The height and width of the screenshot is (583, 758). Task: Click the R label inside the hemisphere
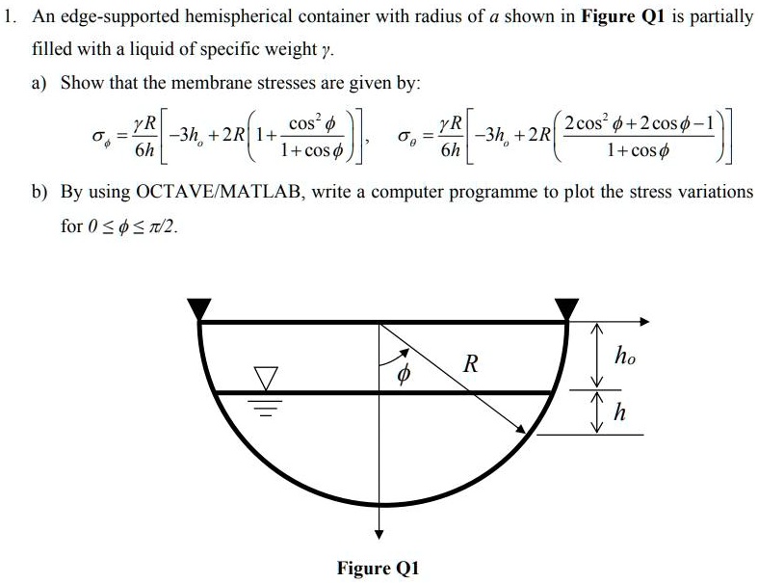click(470, 364)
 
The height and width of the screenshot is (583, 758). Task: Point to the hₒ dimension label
click(625, 356)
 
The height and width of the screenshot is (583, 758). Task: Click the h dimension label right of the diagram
click(620, 413)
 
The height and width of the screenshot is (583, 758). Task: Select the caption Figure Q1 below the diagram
click(379, 568)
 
